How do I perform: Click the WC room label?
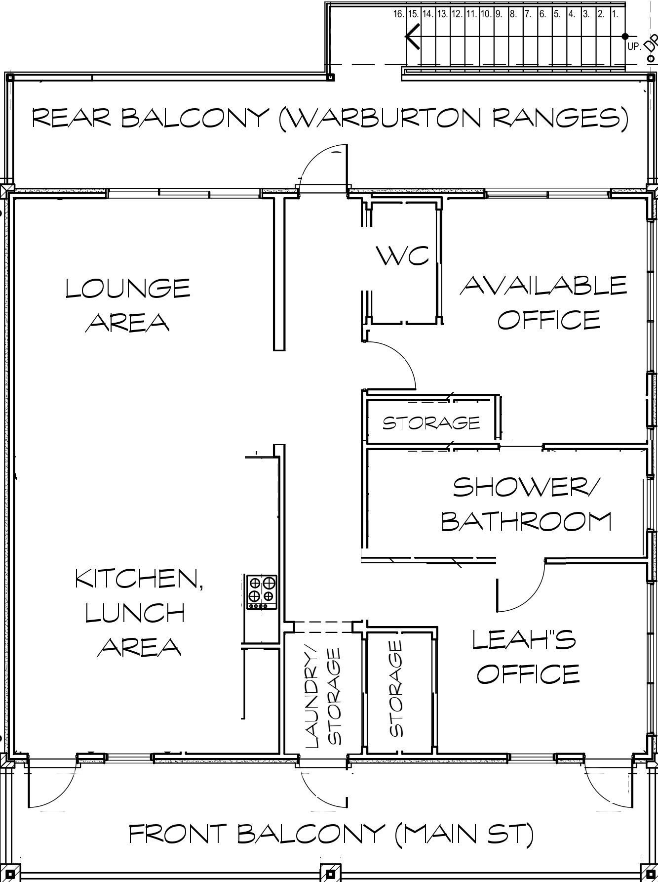coord(402,256)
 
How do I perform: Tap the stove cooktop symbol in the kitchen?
coord(262,592)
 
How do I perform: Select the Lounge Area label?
coord(128,304)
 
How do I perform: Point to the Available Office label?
coord(543,302)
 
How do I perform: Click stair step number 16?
coord(399,14)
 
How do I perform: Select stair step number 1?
coord(615,14)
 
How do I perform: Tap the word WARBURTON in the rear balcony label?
coord(384,118)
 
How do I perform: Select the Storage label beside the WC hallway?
coord(431,422)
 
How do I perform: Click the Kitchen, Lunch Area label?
coord(139,613)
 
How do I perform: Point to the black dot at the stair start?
coord(625,36)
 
